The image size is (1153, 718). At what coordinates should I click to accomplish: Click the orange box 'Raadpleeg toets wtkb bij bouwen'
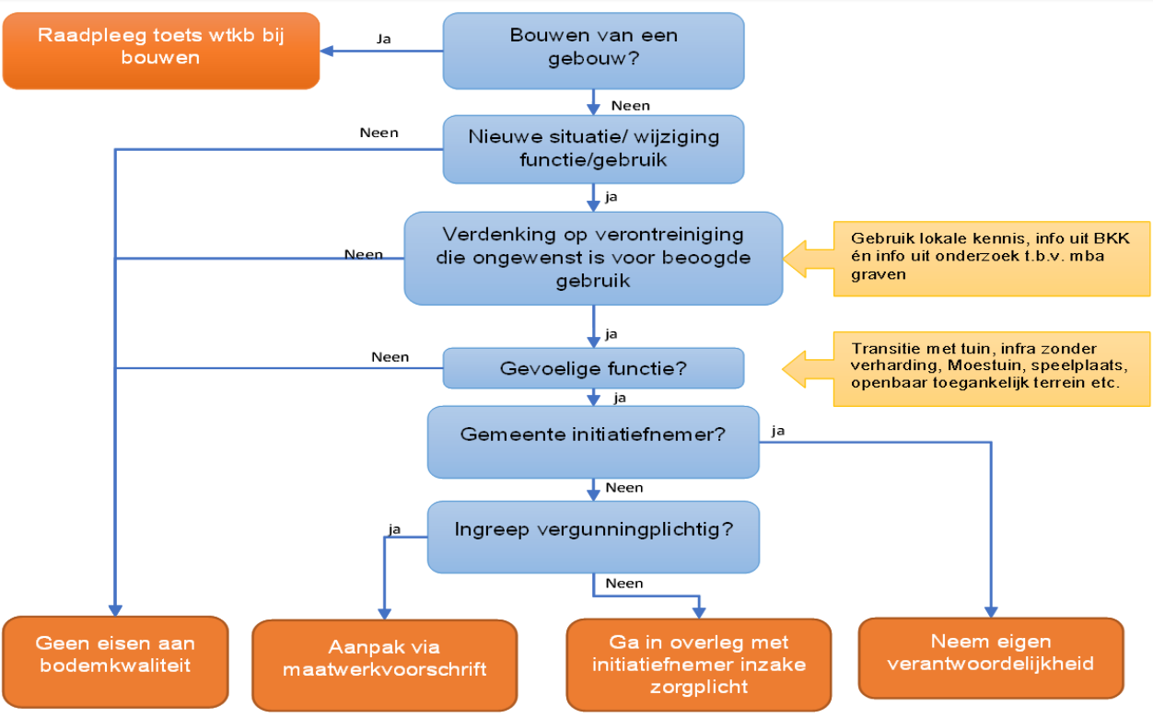[161, 51]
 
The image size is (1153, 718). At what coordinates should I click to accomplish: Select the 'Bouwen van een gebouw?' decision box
[593, 51]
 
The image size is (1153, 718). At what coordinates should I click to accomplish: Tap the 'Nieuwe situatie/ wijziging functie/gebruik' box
[593, 149]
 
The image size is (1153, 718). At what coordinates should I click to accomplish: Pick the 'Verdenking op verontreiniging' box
[593, 258]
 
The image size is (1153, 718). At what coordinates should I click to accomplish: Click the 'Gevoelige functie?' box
[593, 368]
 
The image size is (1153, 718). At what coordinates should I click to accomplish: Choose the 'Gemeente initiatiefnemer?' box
[593, 443]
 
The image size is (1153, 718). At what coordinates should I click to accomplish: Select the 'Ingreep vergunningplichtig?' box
[593, 538]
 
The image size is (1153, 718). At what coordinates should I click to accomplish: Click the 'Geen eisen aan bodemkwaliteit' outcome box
[115, 662]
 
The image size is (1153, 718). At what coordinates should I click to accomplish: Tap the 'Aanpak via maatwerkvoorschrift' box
[385, 665]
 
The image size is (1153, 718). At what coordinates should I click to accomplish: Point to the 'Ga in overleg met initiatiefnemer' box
[698, 665]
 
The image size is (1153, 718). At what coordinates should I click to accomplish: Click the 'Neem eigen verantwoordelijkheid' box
[991, 658]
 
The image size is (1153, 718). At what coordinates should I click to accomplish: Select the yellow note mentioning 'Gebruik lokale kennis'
[992, 259]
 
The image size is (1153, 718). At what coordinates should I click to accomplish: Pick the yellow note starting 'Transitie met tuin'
[992, 369]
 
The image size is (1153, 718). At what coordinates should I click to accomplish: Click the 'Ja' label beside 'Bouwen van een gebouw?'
[383, 39]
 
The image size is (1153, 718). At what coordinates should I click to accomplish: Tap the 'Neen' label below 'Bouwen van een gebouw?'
[631, 106]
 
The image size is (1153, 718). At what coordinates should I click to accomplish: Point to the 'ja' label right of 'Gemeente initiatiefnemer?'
[778, 431]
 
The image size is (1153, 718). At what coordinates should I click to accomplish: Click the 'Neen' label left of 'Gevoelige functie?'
[390, 357]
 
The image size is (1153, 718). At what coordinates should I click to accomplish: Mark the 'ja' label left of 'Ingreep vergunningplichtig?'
[394, 529]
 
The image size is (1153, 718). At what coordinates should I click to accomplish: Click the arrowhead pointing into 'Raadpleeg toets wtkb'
[326, 51]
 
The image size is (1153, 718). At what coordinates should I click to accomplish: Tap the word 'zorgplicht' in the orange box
[698, 687]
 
